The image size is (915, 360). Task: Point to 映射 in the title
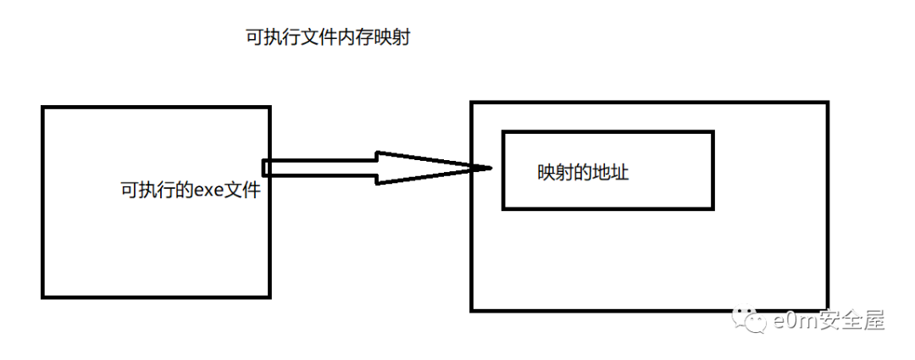click(391, 39)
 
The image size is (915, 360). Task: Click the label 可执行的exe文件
click(189, 191)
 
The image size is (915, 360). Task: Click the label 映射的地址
click(583, 173)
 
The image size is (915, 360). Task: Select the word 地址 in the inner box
click(610, 173)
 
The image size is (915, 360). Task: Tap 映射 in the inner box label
click(556, 173)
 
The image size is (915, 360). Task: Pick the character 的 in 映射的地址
click(583, 173)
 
